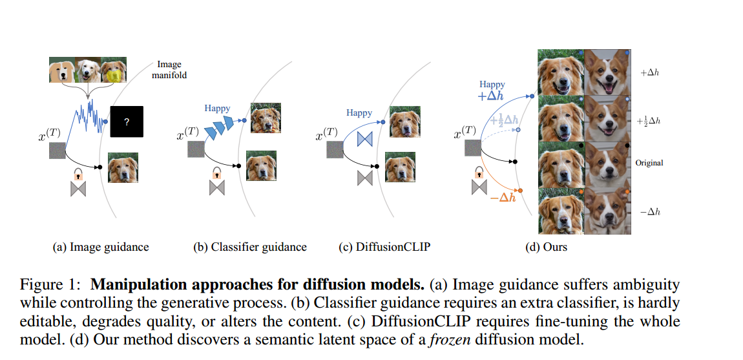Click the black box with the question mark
tap(127, 122)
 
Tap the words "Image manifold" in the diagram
tap(170, 70)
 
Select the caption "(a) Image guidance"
tap(100, 247)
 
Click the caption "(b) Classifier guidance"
tap(250, 247)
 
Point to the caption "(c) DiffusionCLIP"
tap(384, 247)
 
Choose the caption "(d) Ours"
tap(547, 247)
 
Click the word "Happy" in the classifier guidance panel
tap(218, 109)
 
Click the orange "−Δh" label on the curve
tap(503, 198)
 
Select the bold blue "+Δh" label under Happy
tap(490, 96)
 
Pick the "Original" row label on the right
tap(649, 163)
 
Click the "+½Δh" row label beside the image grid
tap(649, 122)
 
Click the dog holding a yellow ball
tap(114, 70)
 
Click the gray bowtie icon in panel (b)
tap(216, 188)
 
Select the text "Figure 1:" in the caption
tap(53, 285)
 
